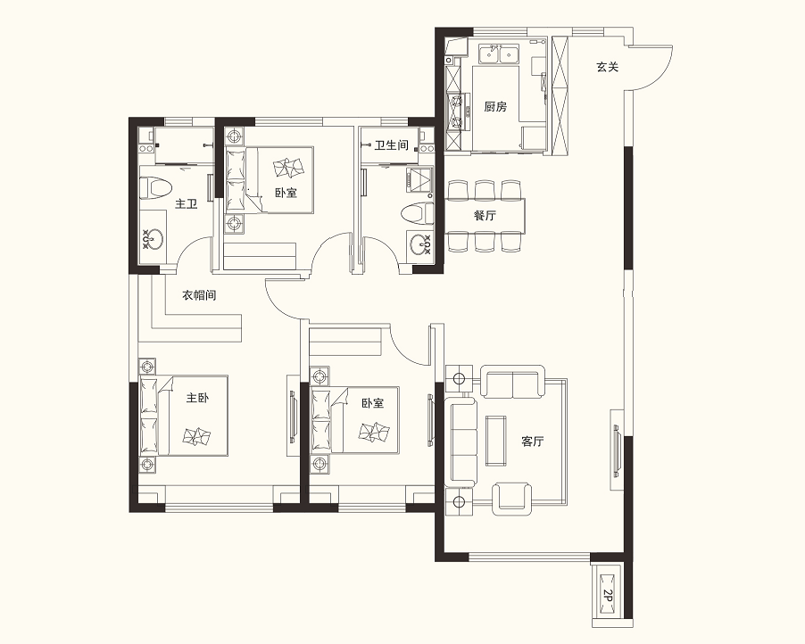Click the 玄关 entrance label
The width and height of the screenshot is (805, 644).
pos(608,67)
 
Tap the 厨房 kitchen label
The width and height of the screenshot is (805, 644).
pos(495,107)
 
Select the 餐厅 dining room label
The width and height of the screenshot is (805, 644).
pos(485,215)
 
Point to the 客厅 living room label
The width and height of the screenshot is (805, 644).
pos(533,442)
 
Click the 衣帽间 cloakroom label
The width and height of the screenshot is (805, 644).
pos(199,295)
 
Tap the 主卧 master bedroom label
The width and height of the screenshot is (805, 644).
pos(197,398)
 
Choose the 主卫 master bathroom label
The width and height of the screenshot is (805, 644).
pos(187,204)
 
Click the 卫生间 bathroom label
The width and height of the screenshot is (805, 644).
pos(391,145)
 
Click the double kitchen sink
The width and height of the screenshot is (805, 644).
pos(499,54)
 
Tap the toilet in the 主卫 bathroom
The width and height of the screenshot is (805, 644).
pos(155,187)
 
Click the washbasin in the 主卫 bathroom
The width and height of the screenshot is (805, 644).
pos(152,240)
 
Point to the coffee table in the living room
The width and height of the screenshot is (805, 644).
pos(496,438)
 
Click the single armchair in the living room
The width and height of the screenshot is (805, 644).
pos(511,499)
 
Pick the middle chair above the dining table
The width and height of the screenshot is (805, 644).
pos(485,189)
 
